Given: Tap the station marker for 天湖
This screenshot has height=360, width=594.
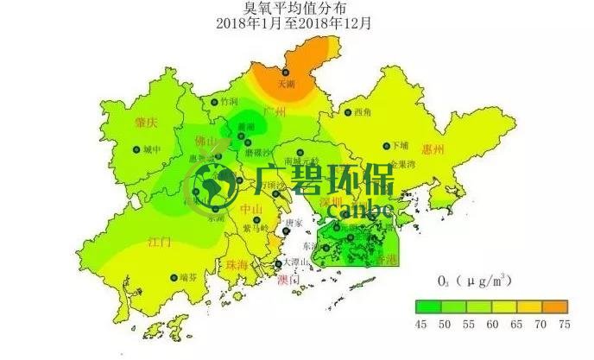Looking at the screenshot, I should click(284, 73).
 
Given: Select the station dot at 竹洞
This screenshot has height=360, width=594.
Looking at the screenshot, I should click(215, 102).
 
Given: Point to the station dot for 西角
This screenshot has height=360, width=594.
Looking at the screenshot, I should click(347, 112).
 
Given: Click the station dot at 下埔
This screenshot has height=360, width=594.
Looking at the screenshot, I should click(386, 147).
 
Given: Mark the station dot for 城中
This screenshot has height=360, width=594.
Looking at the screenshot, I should click(136, 150).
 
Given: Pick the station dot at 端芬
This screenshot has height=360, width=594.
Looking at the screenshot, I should click(172, 277).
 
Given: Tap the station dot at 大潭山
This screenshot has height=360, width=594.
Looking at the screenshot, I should click(277, 263).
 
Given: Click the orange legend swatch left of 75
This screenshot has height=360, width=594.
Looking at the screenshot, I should click(557, 305).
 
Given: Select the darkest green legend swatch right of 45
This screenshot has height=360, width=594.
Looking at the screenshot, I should click(423, 305).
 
